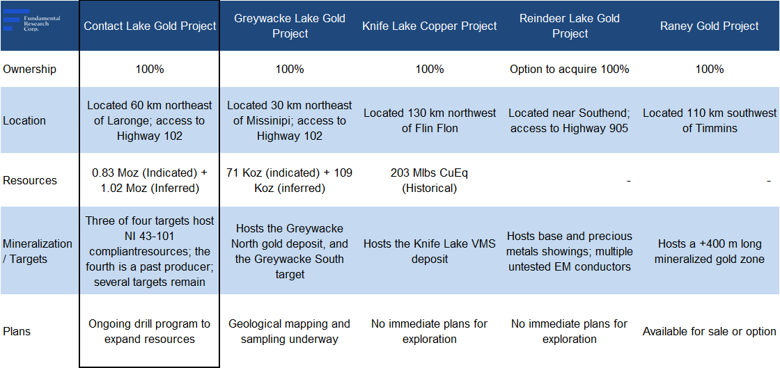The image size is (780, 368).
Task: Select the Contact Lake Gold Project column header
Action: click(150, 26)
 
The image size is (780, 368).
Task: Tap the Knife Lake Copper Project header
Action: click(430, 26)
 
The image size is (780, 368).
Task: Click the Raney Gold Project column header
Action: click(710, 26)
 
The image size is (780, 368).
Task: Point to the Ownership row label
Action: click(30, 69)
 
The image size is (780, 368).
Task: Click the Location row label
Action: click(24, 120)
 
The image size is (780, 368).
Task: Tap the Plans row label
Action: click(17, 331)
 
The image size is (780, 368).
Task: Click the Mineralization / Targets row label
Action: click(38, 251)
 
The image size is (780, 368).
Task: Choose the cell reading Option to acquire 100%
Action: click(570, 69)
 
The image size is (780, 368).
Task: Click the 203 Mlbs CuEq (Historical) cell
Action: click(430, 180)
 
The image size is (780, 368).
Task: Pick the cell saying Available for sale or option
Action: click(710, 331)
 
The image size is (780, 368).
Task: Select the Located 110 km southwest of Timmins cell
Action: click(710, 120)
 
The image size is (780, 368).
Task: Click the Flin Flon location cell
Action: click(430, 120)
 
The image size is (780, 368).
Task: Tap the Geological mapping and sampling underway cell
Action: click(290, 331)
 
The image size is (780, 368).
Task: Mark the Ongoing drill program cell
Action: click(150, 331)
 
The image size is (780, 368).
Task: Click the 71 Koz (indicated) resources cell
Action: click(290, 180)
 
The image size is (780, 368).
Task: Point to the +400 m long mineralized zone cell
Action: click(710, 251)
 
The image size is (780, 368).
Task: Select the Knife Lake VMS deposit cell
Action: click(430, 251)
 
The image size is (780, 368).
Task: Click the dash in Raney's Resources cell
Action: click(769, 181)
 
